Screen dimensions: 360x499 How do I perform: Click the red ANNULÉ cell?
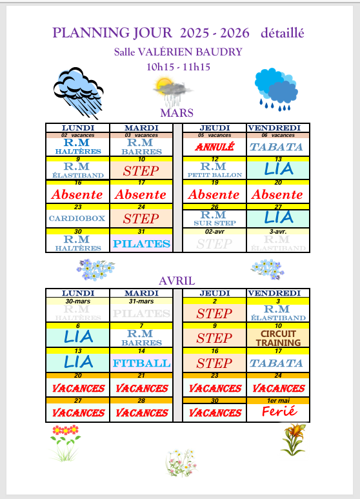[x=214, y=147]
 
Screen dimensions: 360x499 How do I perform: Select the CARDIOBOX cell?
[x=77, y=218]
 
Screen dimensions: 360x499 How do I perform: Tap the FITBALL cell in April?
[x=142, y=363]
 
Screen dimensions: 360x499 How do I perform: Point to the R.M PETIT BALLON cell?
[x=214, y=170]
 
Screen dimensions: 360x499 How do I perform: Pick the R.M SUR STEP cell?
[x=214, y=218]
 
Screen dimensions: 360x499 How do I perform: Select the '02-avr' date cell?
[x=214, y=230]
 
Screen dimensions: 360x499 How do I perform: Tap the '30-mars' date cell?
[x=77, y=301]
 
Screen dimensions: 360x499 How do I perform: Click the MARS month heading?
[x=177, y=112]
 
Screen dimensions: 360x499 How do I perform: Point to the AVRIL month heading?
[x=177, y=280]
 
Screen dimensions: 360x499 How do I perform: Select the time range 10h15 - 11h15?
[x=179, y=66]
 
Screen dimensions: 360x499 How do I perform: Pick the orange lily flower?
[x=294, y=438]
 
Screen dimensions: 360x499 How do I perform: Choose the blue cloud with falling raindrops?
[x=275, y=87]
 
